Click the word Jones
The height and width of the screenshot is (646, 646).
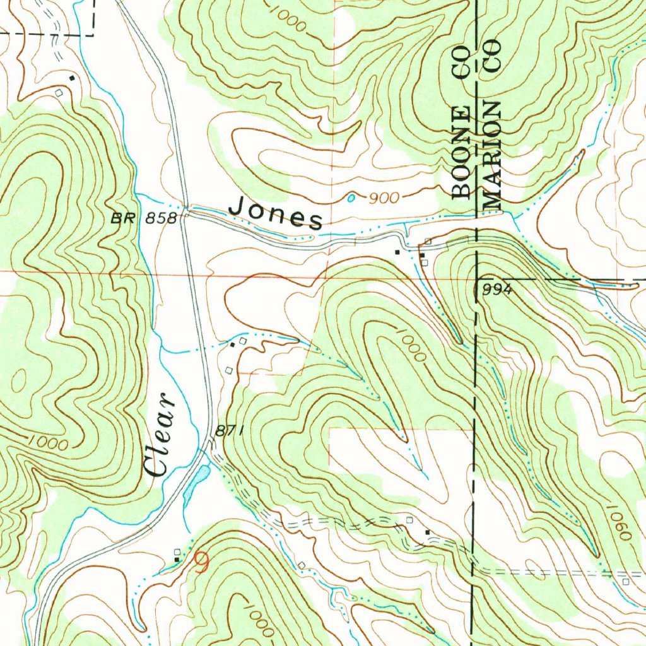275,213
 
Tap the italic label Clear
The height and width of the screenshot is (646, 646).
157,435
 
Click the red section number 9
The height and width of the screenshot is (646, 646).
201,561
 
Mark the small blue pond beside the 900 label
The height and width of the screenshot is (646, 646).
351,198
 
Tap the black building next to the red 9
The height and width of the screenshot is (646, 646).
177,559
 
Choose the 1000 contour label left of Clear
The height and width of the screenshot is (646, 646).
48,443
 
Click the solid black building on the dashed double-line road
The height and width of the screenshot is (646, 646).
428,533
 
